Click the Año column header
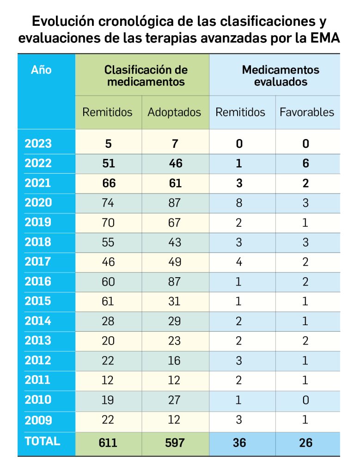click(x=41, y=71)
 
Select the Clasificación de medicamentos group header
click(x=146, y=76)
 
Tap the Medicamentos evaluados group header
click(x=280, y=76)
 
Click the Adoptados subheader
click(x=174, y=112)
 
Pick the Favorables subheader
click(x=306, y=112)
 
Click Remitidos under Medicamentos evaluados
click(x=240, y=112)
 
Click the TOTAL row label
click(x=43, y=441)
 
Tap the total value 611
click(x=108, y=443)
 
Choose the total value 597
click(x=174, y=443)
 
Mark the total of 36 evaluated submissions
click(x=239, y=443)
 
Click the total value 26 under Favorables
click(x=305, y=443)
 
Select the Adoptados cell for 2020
click(x=174, y=203)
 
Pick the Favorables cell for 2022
click(x=305, y=164)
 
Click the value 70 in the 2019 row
click(x=108, y=223)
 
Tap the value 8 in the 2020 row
click(x=239, y=203)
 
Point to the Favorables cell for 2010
click(x=305, y=400)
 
